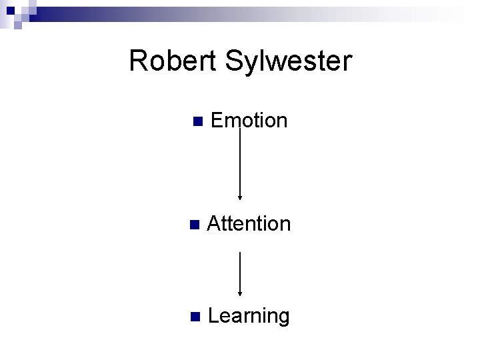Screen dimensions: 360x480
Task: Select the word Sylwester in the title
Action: [288, 61]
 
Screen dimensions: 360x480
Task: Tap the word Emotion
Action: [249, 121]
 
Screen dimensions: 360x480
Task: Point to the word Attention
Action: [249, 223]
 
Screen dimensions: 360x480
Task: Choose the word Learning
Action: [249, 316]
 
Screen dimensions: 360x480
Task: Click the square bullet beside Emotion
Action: [196, 121]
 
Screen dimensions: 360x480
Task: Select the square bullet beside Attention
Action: [193, 224]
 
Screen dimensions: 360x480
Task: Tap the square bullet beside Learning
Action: [193, 317]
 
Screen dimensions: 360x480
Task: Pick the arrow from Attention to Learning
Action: [240, 273]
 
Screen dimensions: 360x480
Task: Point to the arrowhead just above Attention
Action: [240, 197]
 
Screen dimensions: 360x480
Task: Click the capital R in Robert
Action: [138, 61]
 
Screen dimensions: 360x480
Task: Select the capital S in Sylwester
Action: [234, 61]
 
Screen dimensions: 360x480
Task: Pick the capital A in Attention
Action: [214, 223]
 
